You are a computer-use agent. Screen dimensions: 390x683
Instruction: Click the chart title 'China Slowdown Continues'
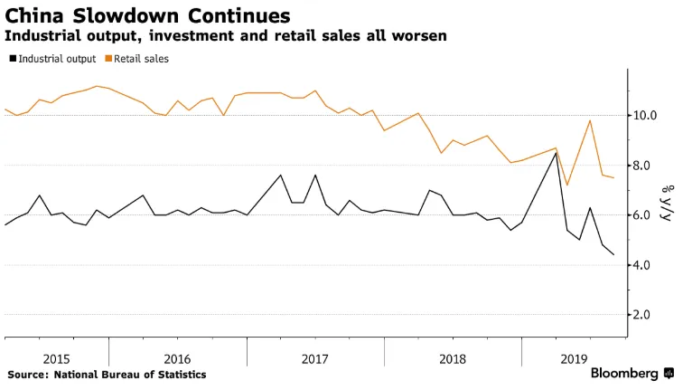click(148, 15)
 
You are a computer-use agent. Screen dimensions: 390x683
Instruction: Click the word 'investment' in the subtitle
click(173, 36)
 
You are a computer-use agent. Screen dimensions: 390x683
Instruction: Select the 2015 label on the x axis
click(56, 358)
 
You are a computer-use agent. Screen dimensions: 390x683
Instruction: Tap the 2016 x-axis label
click(177, 358)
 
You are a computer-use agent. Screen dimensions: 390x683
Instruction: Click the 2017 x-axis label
click(314, 358)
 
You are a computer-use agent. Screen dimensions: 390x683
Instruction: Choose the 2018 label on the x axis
click(453, 358)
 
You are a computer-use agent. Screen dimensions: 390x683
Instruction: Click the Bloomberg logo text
click(625, 374)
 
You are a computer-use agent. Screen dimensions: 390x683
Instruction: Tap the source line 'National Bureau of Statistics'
click(130, 375)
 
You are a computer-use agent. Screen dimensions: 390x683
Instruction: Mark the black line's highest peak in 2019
click(556, 153)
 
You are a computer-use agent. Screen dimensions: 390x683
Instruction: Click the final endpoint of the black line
click(614, 255)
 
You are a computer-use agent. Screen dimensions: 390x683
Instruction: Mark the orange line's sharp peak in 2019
click(590, 120)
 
